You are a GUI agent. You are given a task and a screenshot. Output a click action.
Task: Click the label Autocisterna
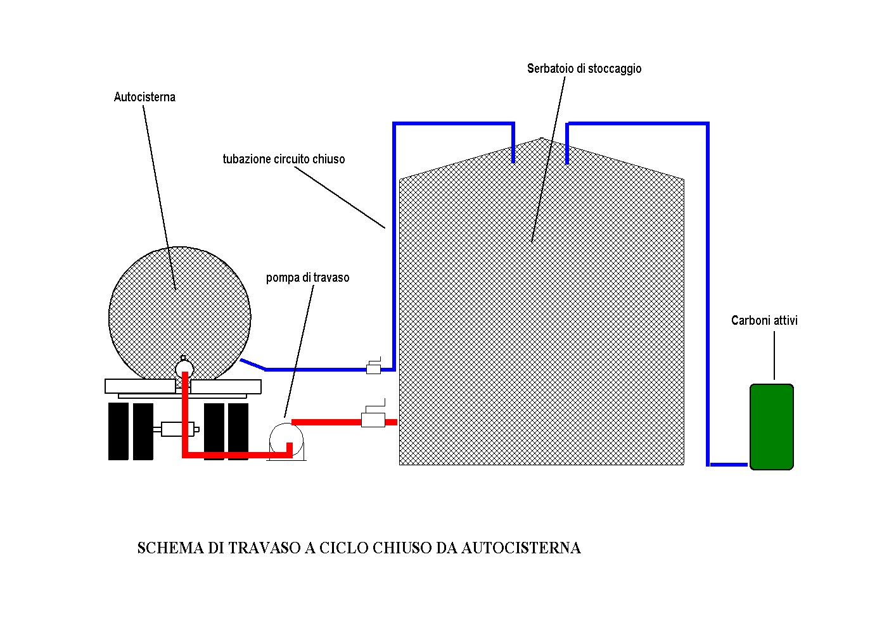tap(144, 97)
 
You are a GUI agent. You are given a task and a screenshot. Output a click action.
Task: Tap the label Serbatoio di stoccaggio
tap(584, 69)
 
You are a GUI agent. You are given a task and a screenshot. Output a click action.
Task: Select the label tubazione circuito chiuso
tap(283, 160)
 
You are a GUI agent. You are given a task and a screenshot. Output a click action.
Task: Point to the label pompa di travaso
tap(307, 278)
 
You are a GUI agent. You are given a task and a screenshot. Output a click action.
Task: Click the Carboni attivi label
tap(764, 321)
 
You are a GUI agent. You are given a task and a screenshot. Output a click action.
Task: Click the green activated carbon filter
tap(771, 427)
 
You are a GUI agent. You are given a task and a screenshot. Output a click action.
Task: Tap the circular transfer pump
tap(286, 439)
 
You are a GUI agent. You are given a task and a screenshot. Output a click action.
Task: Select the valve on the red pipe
tap(373, 418)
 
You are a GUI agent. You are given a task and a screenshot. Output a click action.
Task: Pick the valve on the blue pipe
tap(373, 368)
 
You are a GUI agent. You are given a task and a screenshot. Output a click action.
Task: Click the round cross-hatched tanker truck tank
tap(179, 310)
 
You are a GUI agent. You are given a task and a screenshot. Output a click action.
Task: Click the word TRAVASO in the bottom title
tap(264, 548)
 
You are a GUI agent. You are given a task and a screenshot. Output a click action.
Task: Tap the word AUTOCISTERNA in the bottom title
tap(520, 548)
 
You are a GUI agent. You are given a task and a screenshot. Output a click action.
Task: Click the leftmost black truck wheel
tap(118, 431)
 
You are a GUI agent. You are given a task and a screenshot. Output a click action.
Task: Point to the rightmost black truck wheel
tap(238, 431)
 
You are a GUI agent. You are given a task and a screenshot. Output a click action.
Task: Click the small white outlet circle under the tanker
tap(184, 367)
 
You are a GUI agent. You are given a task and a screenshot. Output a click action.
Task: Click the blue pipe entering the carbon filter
tap(729, 465)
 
